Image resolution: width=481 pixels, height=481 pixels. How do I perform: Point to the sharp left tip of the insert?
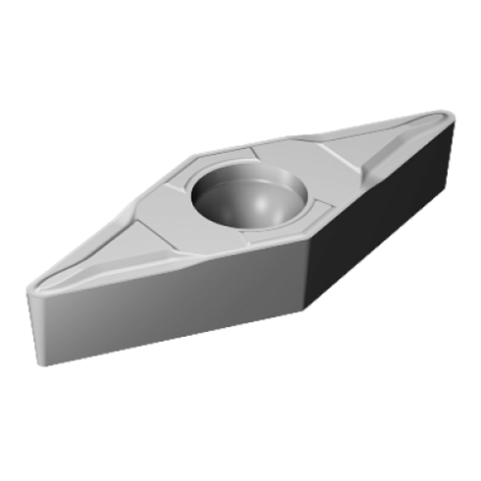tap(27, 287)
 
